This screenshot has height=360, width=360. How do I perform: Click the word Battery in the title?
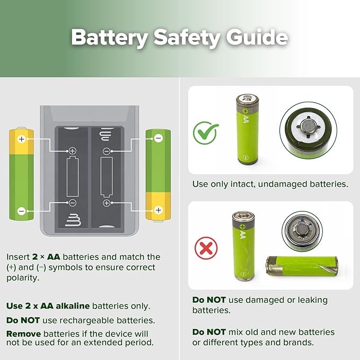[x=110, y=38]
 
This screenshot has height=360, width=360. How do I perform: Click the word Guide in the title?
[x=257, y=37]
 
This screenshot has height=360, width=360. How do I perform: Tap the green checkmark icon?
[x=206, y=133]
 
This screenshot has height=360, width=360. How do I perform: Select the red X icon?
[x=206, y=248]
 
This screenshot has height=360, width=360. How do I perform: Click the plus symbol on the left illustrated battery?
[x=22, y=139]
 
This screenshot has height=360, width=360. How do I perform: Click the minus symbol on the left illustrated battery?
[x=22, y=211]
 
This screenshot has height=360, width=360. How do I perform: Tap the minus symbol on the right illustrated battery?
[x=158, y=138]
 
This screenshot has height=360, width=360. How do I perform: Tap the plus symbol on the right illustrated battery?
[x=158, y=210]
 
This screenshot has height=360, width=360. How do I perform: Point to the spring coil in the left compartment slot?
[x=73, y=220]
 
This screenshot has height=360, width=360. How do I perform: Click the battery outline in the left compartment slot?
[x=73, y=177]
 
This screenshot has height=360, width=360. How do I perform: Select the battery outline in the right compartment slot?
[x=107, y=177]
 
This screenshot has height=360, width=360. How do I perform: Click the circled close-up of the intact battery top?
[x=309, y=130]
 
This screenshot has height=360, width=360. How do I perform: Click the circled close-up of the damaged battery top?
[x=302, y=231]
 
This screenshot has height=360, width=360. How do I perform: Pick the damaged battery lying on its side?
[x=302, y=266]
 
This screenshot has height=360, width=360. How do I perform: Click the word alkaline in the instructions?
[x=73, y=306]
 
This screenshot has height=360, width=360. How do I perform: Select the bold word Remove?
[x=24, y=333]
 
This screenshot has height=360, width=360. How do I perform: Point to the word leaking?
[x=313, y=300]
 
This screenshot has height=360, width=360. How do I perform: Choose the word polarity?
[x=23, y=278]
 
